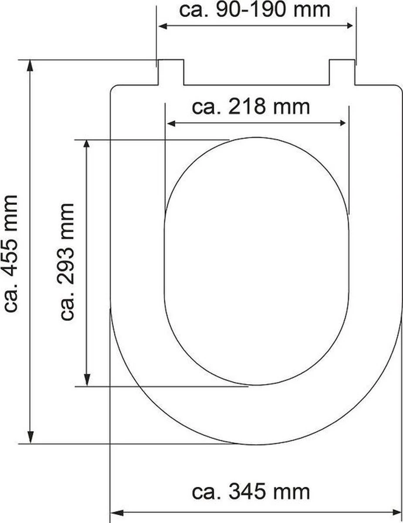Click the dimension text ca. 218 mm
pyautogui.click(x=251, y=107)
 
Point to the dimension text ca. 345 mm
pyautogui.click(x=251, y=492)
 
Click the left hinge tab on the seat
pyautogui.click(x=170, y=72)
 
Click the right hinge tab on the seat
pyautogui.click(x=342, y=72)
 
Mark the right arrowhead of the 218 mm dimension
pyautogui.click(x=343, y=124)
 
